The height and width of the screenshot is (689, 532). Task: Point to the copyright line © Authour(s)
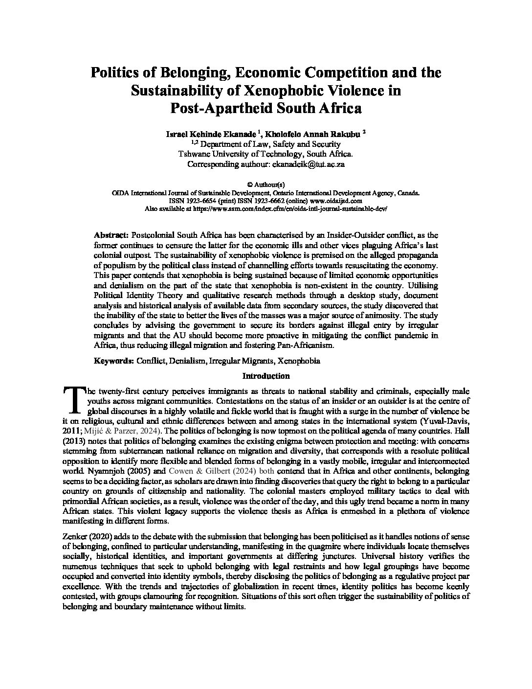coord(266,185)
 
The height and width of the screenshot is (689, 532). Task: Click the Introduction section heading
coord(266,376)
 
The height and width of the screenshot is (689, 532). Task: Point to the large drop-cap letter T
coord(74,399)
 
